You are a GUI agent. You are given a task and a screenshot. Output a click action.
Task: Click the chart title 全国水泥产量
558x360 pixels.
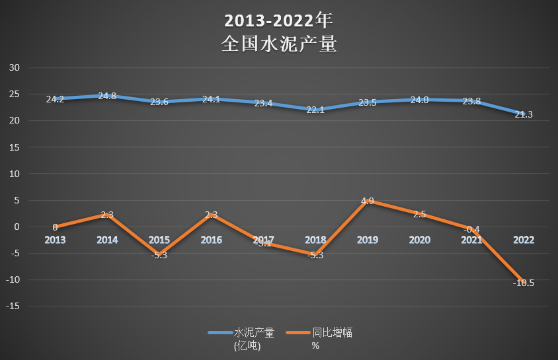coord(279,44)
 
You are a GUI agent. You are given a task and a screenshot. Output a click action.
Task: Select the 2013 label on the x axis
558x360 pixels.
coord(55,240)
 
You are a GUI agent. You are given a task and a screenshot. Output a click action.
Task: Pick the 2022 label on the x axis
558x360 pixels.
coord(523,240)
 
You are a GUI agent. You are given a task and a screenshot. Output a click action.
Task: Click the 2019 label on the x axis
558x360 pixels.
coord(367,240)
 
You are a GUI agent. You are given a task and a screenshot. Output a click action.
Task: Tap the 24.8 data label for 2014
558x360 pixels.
coord(107,96)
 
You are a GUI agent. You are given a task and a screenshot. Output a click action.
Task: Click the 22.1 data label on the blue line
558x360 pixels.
coord(315,110)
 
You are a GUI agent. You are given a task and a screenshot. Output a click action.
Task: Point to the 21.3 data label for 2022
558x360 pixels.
coord(523,114)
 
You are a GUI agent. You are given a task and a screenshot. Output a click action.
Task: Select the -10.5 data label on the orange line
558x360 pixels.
coord(523,283)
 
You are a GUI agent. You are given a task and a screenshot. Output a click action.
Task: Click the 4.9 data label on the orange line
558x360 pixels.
coord(367,201)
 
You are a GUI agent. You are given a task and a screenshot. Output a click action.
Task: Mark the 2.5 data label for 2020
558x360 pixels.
coord(419,214)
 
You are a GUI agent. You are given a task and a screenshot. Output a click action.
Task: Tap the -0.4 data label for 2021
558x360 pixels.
coord(471,229)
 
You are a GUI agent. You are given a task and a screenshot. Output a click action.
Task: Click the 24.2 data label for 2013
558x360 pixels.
coord(55,99)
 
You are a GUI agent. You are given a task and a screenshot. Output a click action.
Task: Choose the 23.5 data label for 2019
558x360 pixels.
coord(367,102)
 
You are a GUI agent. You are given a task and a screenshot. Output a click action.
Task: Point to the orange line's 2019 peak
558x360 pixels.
coord(367,201)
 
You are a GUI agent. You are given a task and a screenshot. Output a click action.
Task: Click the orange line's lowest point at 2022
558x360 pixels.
coord(523,282)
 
